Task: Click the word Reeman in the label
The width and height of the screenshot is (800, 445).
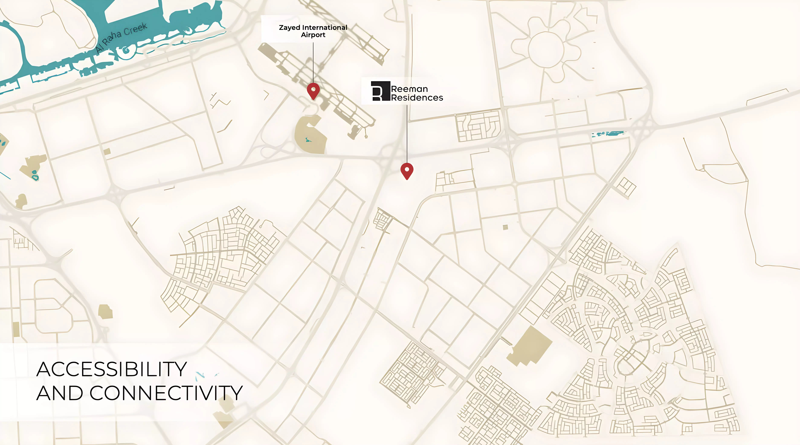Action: click(x=409, y=89)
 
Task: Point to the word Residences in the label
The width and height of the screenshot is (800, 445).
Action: click(x=417, y=98)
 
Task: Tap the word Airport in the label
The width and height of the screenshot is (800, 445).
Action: click(x=313, y=35)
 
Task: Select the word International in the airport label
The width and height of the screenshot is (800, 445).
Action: click(x=325, y=27)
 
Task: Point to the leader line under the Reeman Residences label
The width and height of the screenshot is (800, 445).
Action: click(x=407, y=134)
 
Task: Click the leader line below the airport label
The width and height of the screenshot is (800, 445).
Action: click(x=313, y=62)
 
